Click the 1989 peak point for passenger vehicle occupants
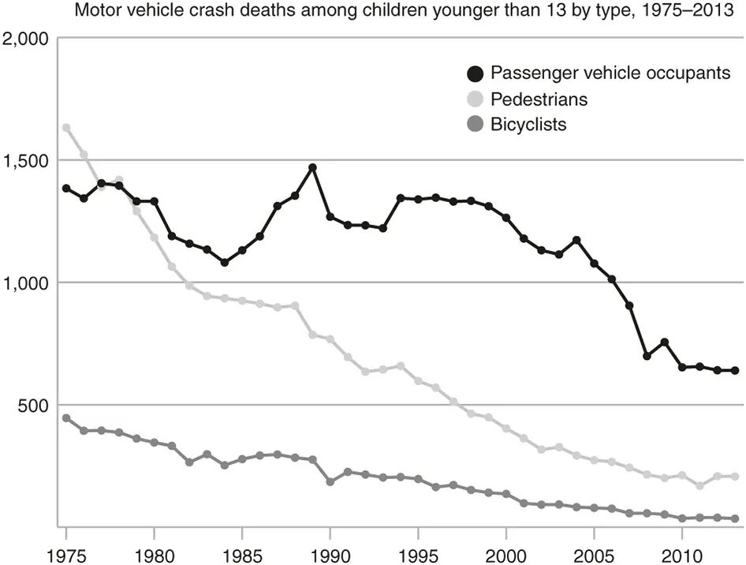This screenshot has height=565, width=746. pos(312,167)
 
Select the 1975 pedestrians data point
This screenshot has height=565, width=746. pos(66,128)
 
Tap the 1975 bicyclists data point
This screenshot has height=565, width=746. pos(66,418)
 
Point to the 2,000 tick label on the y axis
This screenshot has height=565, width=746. pos(26,39)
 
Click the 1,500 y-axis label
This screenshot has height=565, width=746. pos(26,161)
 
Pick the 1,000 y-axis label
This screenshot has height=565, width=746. pos(26,283)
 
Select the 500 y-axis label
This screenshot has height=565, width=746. pos(34,405)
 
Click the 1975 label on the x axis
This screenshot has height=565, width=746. pos(66,556)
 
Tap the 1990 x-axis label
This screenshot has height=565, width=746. pos(330,556)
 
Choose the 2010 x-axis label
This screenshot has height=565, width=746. pos(682,556)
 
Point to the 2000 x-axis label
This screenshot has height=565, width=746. pos(505,556)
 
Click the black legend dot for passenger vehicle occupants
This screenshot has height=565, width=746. pos(475,73)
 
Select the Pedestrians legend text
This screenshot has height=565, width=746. pos(539,99)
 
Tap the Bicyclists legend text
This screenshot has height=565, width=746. pos(528,124)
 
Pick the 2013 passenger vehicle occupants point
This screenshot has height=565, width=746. pos(735,370)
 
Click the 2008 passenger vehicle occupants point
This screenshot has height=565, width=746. pos(647,356)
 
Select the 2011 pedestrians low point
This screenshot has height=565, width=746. pos(699,485)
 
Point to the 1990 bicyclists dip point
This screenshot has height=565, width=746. pos(330,481)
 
